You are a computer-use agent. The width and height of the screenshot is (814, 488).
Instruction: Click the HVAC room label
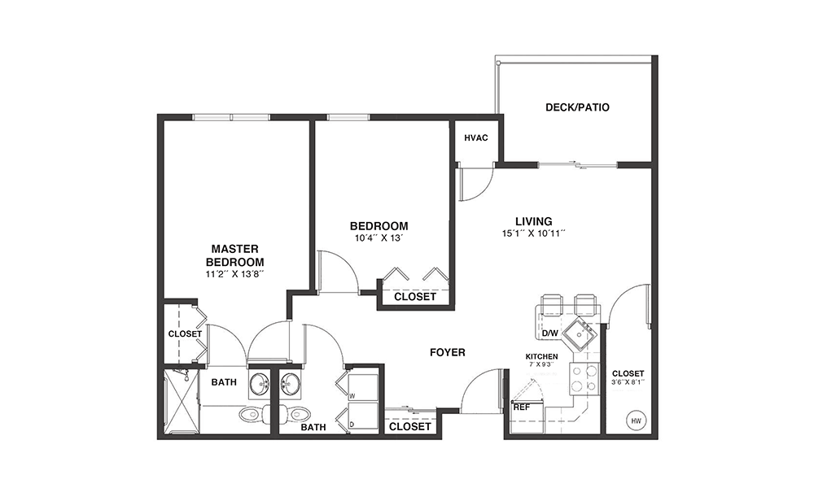[x=475, y=138]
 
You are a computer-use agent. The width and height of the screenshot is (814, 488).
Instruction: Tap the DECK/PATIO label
[x=577, y=107]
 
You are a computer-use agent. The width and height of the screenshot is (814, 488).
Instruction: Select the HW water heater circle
[x=636, y=421]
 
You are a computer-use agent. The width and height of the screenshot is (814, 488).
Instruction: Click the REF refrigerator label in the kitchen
[x=521, y=407]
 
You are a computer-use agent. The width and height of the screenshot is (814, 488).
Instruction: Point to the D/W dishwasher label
[x=549, y=333]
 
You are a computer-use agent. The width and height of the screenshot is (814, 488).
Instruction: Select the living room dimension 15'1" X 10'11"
[x=534, y=234]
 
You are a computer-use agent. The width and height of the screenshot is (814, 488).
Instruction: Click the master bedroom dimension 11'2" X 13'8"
[x=235, y=274]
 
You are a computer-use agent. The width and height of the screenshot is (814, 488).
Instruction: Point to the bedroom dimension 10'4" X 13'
[x=379, y=238]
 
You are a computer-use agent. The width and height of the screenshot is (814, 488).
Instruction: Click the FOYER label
[x=448, y=353]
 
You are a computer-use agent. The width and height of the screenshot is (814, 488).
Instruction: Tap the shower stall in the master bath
[x=182, y=400]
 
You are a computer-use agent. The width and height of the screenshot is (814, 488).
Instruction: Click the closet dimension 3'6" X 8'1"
[x=628, y=382]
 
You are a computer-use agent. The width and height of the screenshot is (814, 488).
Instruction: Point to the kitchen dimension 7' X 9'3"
[x=541, y=364]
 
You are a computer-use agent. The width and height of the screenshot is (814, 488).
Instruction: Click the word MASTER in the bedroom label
[x=234, y=249]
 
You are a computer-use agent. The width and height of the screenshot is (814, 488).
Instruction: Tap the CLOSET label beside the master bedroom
[x=185, y=334]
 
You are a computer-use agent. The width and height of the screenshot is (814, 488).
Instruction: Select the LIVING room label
[x=534, y=221]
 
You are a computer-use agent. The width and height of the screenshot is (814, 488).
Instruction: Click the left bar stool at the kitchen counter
[x=551, y=304]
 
